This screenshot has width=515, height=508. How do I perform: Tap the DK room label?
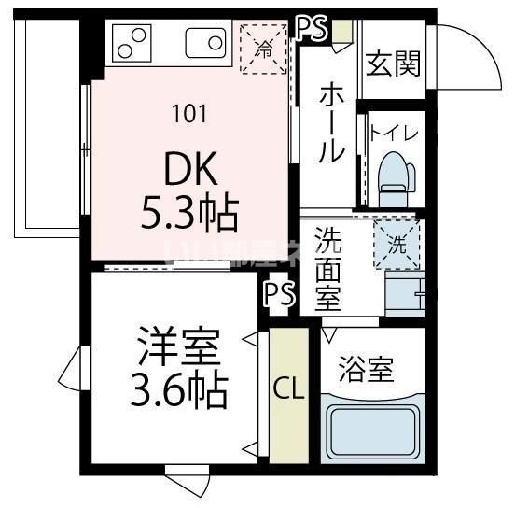pos(190,170)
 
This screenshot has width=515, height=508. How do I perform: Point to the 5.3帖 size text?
pos(190,214)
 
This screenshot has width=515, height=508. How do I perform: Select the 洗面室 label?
pos(327,270)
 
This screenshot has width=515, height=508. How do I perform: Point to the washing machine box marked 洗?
pos(397,246)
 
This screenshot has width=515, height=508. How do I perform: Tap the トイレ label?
pos(395,132)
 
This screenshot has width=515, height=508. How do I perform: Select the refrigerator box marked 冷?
pos(265,46)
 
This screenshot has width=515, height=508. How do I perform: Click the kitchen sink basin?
pos(205,43)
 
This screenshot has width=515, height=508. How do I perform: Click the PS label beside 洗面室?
pos(278,295)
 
